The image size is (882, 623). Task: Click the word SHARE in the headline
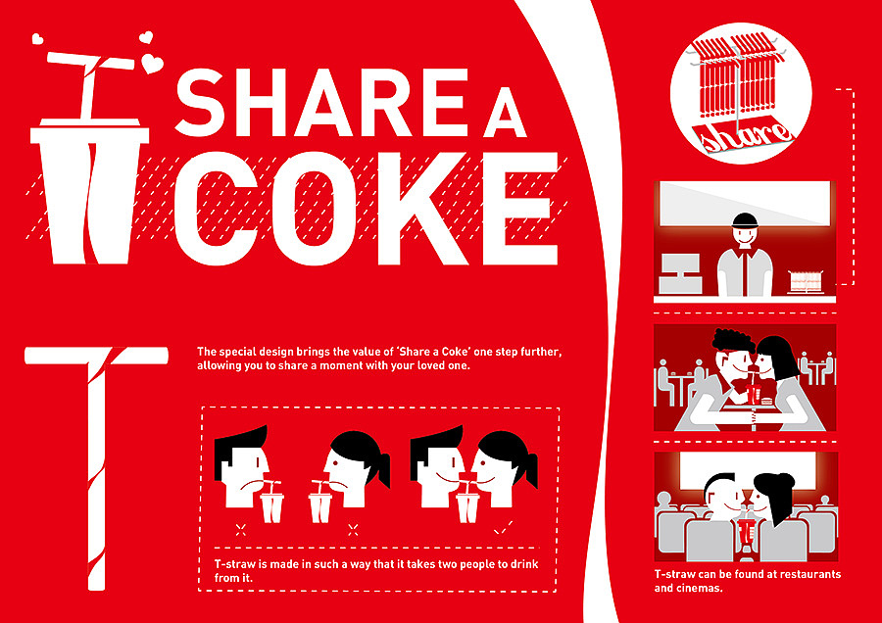pyautogui.click(x=321, y=102)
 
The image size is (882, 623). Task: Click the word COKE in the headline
pyautogui.click(x=367, y=209)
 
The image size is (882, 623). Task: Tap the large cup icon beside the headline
pyautogui.click(x=90, y=191)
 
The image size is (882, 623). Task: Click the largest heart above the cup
pyautogui.click(x=152, y=63)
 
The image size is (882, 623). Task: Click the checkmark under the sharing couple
pyautogui.click(x=503, y=528)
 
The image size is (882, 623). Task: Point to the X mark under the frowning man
pyautogui.click(x=241, y=528)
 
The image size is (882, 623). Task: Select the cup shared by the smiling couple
pyautogui.click(x=467, y=503)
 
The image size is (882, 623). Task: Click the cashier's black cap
pyautogui.click(x=746, y=219)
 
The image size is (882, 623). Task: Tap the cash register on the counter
pyautogui.click(x=680, y=274)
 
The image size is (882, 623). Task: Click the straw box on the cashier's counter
pyautogui.click(x=806, y=281)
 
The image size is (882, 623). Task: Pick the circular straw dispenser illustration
pyautogui.click(x=741, y=93)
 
